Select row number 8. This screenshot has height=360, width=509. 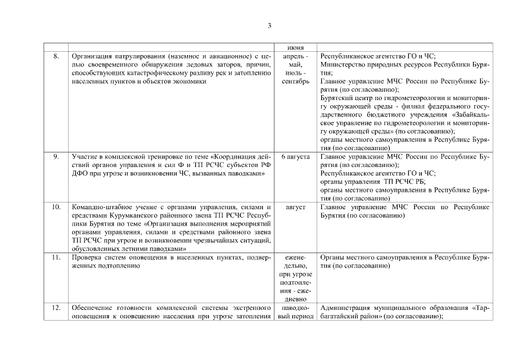pyautogui.click(x=56, y=57)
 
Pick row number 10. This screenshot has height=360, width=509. pyautogui.click(x=56, y=208)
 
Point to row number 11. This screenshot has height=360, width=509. pyautogui.click(x=56, y=258)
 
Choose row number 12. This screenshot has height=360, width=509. pyautogui.click(x=56, y=308)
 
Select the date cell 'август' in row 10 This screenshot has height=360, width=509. pyautogui.click(x=296, y=208)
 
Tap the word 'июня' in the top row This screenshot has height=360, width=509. pyautogui.click(x=296, y=48)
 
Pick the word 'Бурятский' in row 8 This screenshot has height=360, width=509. pyautogui.click(x=335, y=98)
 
